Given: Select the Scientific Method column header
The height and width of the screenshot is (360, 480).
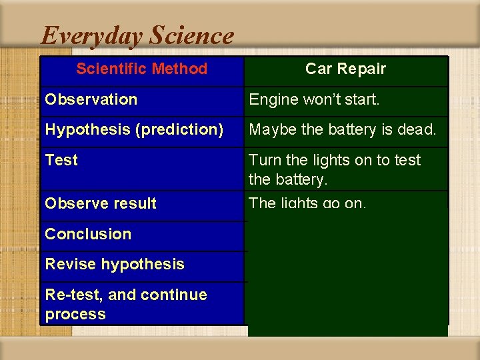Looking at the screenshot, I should click(x=141, y=69).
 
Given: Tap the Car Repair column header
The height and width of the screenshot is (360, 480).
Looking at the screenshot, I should click(x=345, y=69).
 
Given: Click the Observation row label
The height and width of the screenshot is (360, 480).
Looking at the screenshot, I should click(x=91, y=99).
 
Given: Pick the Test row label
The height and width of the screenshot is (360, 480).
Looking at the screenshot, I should click(x=61, y=160).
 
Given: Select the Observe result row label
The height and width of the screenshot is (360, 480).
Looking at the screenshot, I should click(x=100, y=203).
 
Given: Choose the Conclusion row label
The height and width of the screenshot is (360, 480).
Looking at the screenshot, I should click(x=88, y=234).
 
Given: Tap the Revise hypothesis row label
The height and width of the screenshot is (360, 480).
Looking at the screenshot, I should click(x=115, y=264).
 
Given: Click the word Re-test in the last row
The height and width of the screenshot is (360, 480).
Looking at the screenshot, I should click(x=71, y=295).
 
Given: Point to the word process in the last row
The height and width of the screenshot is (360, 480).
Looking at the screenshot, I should click(x=75, y=314).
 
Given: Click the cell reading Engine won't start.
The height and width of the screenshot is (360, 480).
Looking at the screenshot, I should click(x=314, y=99).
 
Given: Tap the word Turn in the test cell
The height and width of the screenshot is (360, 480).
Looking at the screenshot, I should click(x=265, y=160).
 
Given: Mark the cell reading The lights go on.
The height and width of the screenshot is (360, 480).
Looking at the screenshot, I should click(x=307, y=203).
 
